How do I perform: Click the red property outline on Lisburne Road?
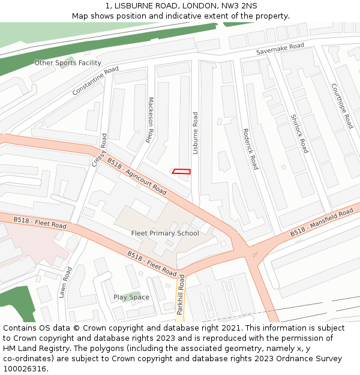pos(181,172)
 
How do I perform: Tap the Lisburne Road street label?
pos(195,133)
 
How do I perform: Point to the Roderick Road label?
pos(250,149)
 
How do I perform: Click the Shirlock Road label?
pos(299,133)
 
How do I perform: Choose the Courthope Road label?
pos(342,106)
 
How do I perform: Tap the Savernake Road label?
pos(280,49)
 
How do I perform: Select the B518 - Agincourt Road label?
pos(137,175)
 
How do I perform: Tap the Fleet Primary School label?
pos(165,233)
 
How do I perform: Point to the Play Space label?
pos(131,297)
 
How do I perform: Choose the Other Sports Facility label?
pos(68,63)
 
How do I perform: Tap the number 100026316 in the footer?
pos(24,368)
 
